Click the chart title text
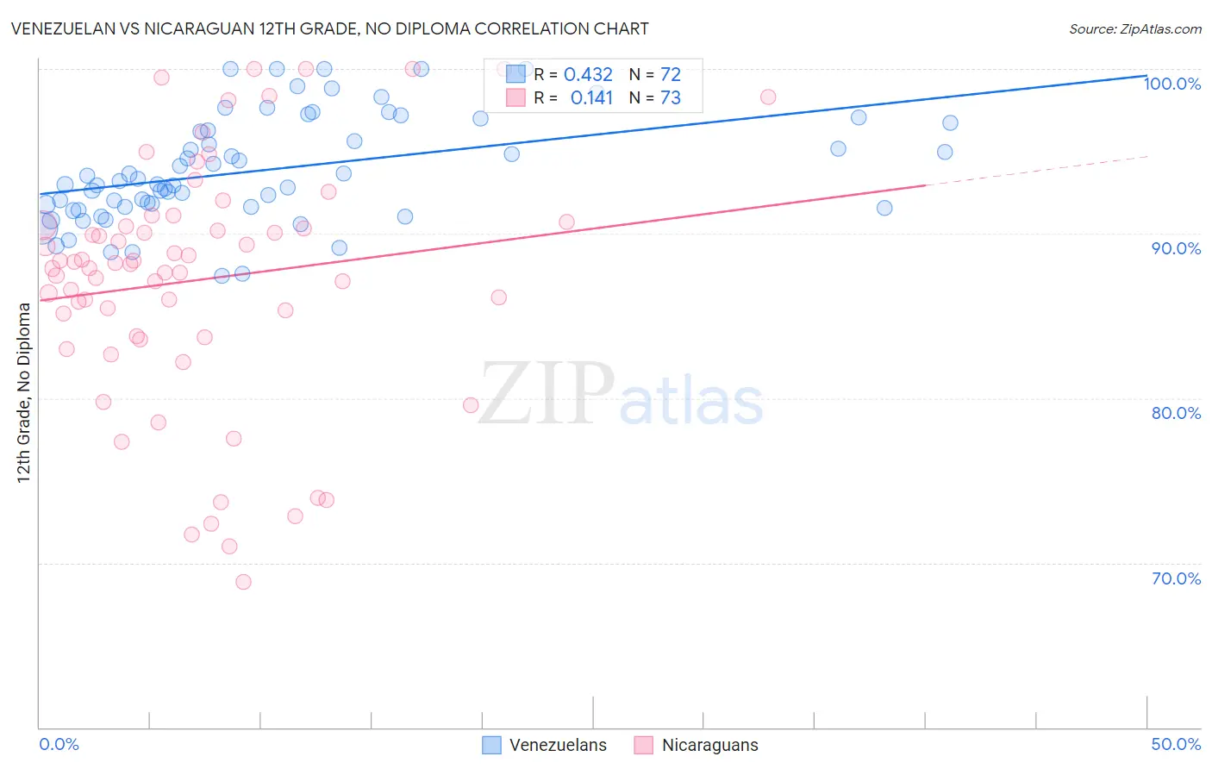329,28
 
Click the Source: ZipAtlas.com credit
1134,28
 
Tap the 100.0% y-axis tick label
1171,84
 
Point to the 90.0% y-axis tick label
1176,248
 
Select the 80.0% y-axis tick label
1176,413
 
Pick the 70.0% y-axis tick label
1176,578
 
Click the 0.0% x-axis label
59,744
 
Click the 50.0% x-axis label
1176,744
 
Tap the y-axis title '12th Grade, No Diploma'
24,392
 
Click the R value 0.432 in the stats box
588,75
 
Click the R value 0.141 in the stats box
591,98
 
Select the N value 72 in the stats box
670,75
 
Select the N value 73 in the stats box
670,98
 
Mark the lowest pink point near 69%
243,582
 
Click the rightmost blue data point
950,122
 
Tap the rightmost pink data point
768,97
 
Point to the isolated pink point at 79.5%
471,405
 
